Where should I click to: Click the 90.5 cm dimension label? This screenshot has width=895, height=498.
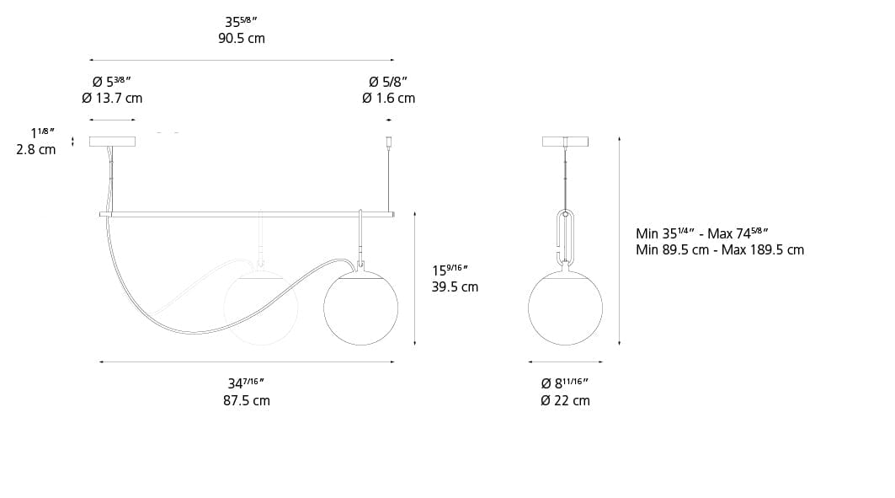point(241,39)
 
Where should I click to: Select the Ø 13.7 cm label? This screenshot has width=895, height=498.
point(112,98)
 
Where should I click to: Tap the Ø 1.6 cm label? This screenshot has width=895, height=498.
point(388,98)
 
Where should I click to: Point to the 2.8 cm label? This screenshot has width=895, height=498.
point(35,149)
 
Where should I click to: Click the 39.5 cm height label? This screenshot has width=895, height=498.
point(455,286)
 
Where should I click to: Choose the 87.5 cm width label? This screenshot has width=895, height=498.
point(247,400)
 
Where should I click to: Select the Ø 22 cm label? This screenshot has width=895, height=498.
point(565,400)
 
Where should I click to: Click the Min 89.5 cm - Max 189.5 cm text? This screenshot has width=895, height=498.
point(719,249)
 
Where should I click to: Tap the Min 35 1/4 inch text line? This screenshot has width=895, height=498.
point(702,233)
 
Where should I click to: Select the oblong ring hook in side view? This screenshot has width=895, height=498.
point(566,238)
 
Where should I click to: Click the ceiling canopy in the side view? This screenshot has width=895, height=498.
point(566,142)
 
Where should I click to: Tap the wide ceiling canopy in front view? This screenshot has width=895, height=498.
point(112,142)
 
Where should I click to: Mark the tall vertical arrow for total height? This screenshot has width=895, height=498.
point(620,240)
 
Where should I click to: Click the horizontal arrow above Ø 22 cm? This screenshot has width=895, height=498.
point(566,361)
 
